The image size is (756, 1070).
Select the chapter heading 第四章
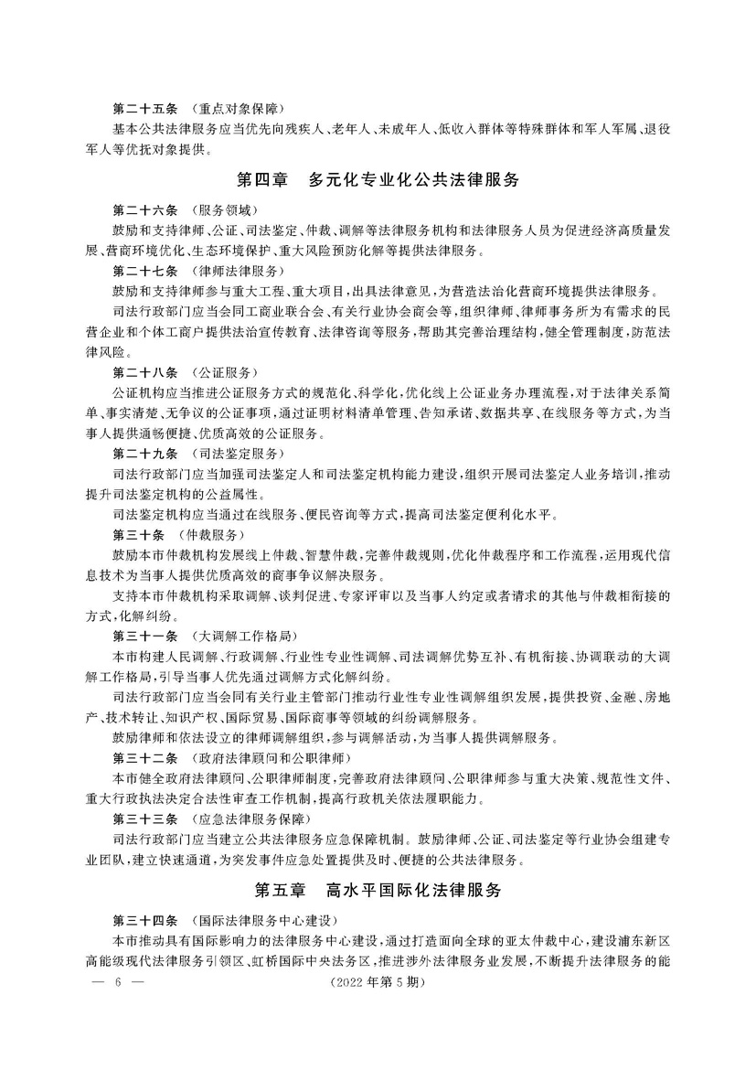[x=266, y=180]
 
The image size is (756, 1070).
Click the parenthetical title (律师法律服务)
[x=234, y=272]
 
